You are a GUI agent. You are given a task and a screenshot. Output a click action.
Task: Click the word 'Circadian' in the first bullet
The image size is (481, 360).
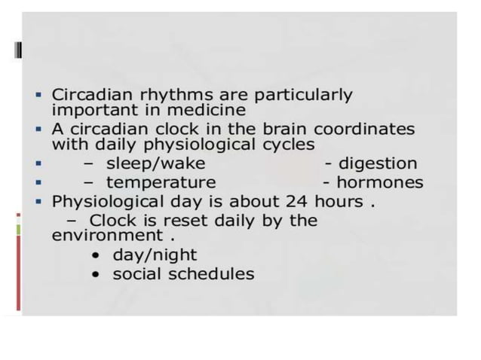click(x=87, y=95)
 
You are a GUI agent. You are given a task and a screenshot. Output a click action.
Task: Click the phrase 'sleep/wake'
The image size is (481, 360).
click(x=155, y=163)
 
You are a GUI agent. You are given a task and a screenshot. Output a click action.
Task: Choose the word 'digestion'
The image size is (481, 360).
click(x=377, y=163)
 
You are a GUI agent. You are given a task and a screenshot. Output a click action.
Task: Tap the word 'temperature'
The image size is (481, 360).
click(x=161, y=182)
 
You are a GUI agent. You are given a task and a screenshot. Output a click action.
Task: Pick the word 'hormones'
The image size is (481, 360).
click(x=379, y=182)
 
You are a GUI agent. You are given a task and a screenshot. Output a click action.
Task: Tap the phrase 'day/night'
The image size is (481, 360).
click(x=155, y=255)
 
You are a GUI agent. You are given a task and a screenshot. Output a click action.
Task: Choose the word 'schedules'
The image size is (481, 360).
click(x=216, y=274)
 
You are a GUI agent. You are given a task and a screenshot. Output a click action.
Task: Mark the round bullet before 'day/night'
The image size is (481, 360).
click(x=96, y=255)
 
